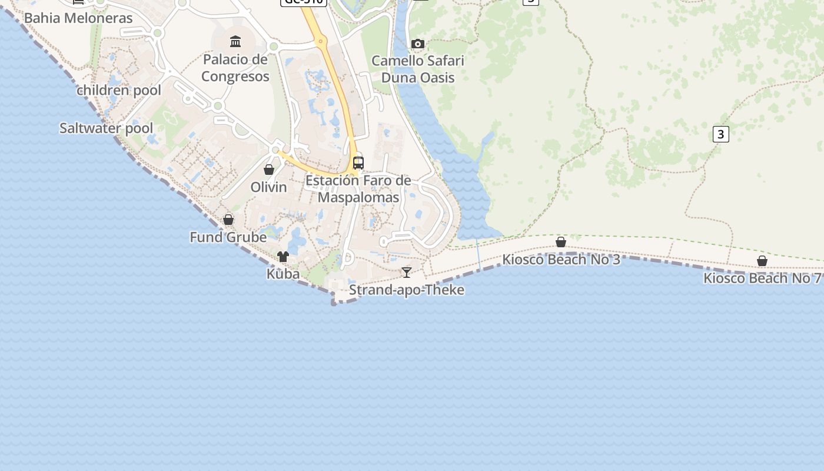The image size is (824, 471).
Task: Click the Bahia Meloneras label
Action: pos(78,18)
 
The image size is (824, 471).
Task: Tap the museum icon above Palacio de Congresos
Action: pos(235,41)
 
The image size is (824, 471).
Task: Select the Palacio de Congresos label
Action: pos(235,68)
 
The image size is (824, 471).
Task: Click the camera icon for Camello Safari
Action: pos(418,44)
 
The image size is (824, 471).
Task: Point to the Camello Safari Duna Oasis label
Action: pos(418,69)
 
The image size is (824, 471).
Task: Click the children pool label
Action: pos(119,90)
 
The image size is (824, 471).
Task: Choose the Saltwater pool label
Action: pos(106,128)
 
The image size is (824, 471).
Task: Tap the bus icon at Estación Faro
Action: pos(358,162)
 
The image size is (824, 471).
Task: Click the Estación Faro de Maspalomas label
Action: pos(358,189)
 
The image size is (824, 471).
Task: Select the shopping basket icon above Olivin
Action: pos(269,170)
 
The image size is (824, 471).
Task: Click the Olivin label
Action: pos(269,187)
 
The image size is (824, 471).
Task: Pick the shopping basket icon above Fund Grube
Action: pos(228,220)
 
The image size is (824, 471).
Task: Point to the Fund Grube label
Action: pos(228,237)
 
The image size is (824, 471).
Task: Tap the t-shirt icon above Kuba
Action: pos(283,257)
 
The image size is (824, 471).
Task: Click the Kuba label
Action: pos(283,274)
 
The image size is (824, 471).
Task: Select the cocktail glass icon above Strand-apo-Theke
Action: pos(406,272)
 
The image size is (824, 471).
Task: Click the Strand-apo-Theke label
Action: pos(407,290)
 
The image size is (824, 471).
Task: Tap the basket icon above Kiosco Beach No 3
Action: pos(561,242)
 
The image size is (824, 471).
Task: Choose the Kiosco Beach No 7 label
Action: pos(762,278)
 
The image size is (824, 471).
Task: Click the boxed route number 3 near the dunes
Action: pos(720,134)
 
